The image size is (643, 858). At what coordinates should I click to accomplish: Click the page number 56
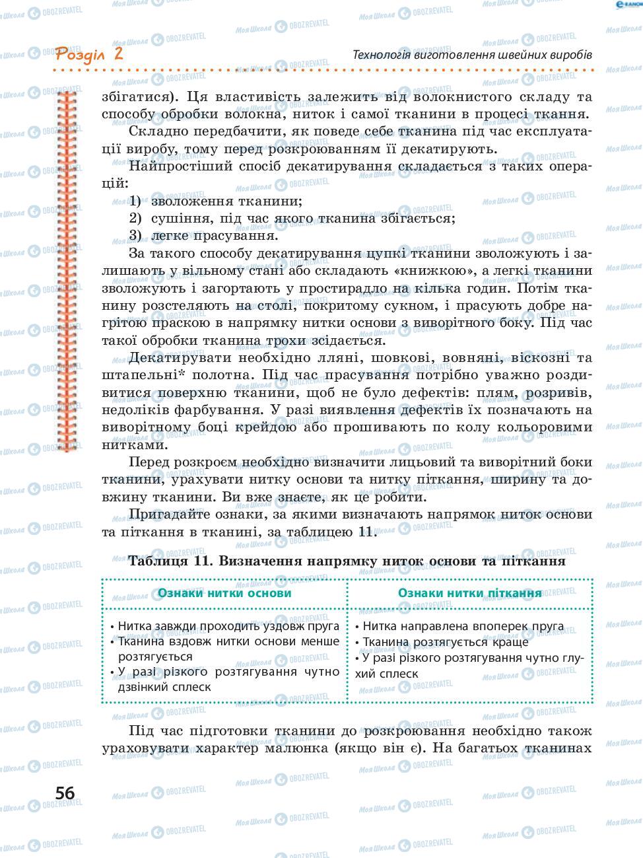coord(65,793)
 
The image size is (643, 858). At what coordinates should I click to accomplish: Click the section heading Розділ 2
coord(89,54)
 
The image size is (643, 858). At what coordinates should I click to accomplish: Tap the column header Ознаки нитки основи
coord(224,592)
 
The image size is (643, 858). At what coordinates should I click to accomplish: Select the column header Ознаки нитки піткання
coord(469,592)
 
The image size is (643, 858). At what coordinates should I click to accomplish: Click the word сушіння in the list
coord(177,218)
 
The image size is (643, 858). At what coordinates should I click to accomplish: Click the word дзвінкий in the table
coord(146,686)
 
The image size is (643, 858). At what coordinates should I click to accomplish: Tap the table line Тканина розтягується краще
coord(446,641)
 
